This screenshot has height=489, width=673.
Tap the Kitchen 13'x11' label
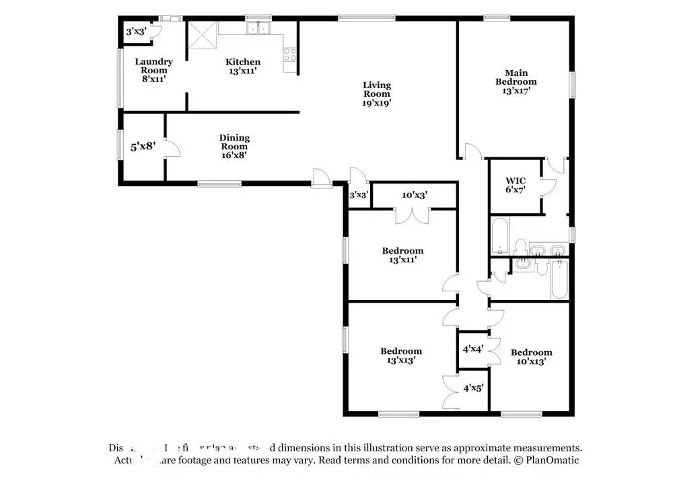(x=242, y=66)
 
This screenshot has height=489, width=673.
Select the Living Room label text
(x=377, y=94)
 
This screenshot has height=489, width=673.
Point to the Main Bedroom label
(x=516, y=81)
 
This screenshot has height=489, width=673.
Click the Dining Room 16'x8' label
(x=234, y=146)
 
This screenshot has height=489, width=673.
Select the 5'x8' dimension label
(x=143, y=145)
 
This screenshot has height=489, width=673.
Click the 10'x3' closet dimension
(x=415, y=196)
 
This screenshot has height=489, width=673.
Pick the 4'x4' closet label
(x=472, y=349)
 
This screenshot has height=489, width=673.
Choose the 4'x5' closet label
(x=473, y=388)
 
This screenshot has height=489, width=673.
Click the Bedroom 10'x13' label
(x=531, y=356)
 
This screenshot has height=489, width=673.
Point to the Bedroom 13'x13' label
(x=401, y=355)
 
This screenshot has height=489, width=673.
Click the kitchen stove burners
(x=290, y=54)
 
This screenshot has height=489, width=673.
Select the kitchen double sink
(x=258, y=29)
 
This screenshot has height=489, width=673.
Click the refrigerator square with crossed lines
(x=200, y=35)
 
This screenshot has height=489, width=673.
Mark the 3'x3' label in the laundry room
(x=136, y=31)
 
